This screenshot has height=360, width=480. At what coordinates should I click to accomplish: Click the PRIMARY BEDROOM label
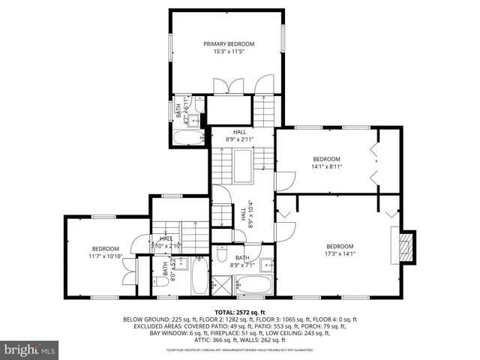[x=225, y=44]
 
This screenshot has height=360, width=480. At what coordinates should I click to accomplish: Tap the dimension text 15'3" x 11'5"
[x=225, y=52]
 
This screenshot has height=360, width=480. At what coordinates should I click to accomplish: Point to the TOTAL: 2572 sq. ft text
[x=240, y=311]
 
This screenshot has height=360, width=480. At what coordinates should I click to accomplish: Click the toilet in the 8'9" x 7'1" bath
[x=223, y=253]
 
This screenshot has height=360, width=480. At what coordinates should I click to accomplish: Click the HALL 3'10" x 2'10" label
[x=166, y=242]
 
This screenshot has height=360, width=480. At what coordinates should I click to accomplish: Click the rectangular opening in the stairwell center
[x=244, y=160]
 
